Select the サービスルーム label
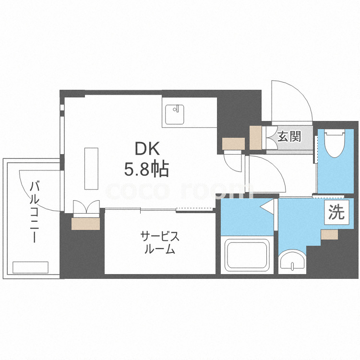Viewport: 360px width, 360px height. [x=160, y=243]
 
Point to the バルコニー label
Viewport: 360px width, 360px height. [x=35, y=211]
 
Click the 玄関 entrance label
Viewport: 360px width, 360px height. [x=289, y=136]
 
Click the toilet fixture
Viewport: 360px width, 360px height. [x=335, y=143]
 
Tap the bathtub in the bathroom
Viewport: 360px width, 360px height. [x=247, y=254]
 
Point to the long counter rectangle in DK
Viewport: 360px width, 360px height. [x=91, y=168]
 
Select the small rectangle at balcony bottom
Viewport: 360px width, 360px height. [x=31, y=267]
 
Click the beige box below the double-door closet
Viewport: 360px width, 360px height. [x=85, y=224]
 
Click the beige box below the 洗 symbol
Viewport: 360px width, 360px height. [x=330, y=234]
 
